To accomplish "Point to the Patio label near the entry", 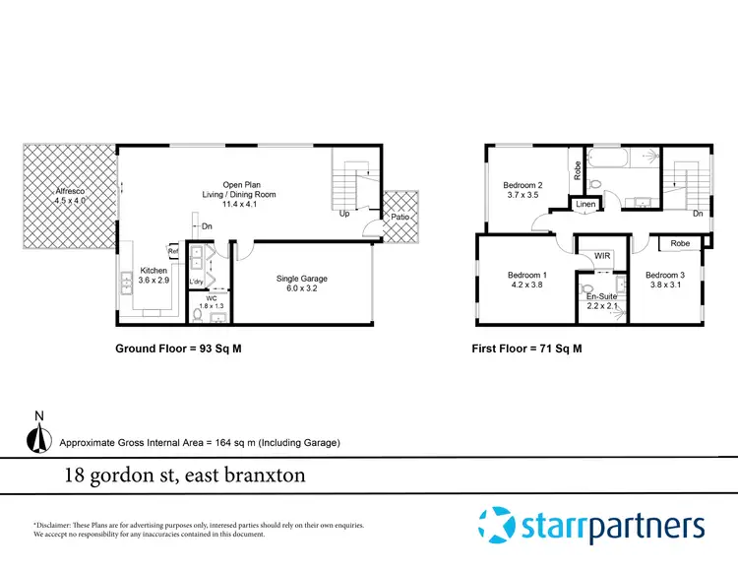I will point(400,217).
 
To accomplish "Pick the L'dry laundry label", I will point(196,282).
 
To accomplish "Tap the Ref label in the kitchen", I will point(173,251).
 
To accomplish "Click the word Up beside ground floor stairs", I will point(344,213).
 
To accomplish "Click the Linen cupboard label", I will point(585,205).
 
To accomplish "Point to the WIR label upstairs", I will point(602,256).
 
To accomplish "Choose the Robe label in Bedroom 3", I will point(679,243).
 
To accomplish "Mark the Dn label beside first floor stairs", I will point(697,213).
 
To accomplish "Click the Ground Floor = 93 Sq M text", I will point(178,348).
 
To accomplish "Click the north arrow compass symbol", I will point(38,436).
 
